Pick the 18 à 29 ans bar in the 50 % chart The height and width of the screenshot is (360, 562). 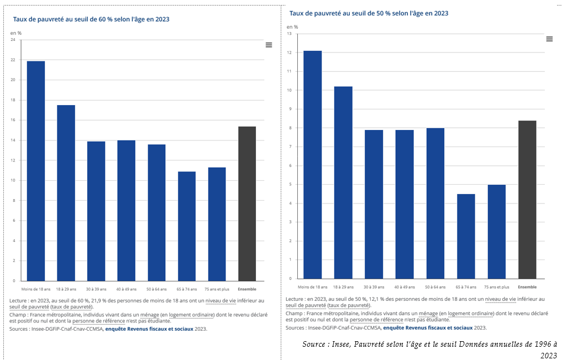(x=343, y=182)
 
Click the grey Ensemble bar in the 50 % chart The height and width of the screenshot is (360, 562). (x=527, y=200)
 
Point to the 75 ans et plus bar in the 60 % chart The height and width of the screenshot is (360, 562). (x=217, y=224)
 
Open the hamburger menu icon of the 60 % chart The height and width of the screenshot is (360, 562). (x=269, y=45)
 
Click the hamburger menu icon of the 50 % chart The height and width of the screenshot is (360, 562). (x=549, y=39)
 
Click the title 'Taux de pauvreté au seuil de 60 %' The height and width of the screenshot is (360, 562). (x=91, y=19)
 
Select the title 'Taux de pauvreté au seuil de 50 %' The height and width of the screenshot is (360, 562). (x=369, y=13)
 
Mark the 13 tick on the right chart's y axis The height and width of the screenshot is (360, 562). (x=290, y=34)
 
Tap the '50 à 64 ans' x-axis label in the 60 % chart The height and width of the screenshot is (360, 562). (x=156, y=289)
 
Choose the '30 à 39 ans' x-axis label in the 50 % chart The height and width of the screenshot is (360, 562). (x=374, y=287)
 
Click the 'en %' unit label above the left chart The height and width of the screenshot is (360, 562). (x=16, y=33)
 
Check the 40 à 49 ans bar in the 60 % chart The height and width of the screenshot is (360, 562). (x=126, y=210)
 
